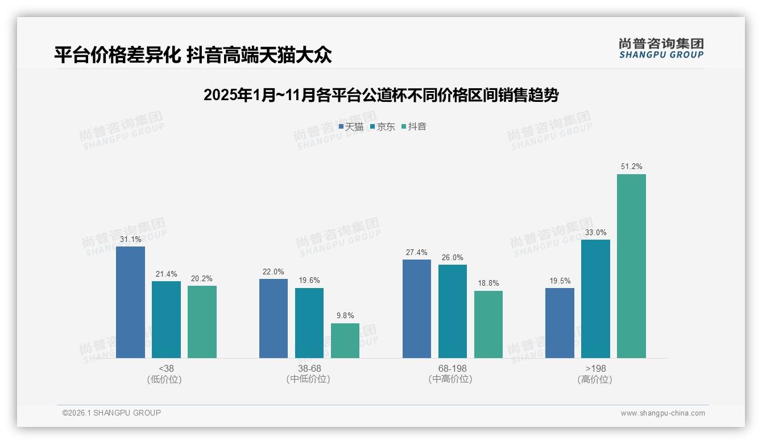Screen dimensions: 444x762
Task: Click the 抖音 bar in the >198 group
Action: coord(631,266)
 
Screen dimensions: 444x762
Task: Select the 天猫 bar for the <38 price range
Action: coord(130,302)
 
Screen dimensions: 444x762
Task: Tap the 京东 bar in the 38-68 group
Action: coord(309,323)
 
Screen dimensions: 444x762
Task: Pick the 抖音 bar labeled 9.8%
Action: coord(345,340)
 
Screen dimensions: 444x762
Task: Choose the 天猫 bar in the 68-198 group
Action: coord(417,309)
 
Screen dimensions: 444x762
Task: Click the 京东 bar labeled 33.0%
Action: coord(595,298)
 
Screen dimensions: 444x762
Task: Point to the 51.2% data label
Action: coord(631,167)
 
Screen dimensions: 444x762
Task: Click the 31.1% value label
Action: coord(130,240)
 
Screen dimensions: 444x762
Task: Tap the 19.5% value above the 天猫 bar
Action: coord(560,281)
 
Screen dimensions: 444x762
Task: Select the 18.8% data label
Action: coord(488,283)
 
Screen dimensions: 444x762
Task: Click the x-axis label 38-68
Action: coord(309,368)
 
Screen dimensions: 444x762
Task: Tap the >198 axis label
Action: coord(595,368)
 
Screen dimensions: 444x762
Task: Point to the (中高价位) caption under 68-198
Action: coord(452,379)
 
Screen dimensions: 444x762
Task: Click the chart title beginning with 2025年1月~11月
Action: coord(380,95)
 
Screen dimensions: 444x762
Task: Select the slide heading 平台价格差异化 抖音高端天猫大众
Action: coord(193,55)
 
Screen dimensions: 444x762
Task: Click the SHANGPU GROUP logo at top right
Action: coord(661,48)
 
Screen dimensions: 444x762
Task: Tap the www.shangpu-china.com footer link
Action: coord(662,413)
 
